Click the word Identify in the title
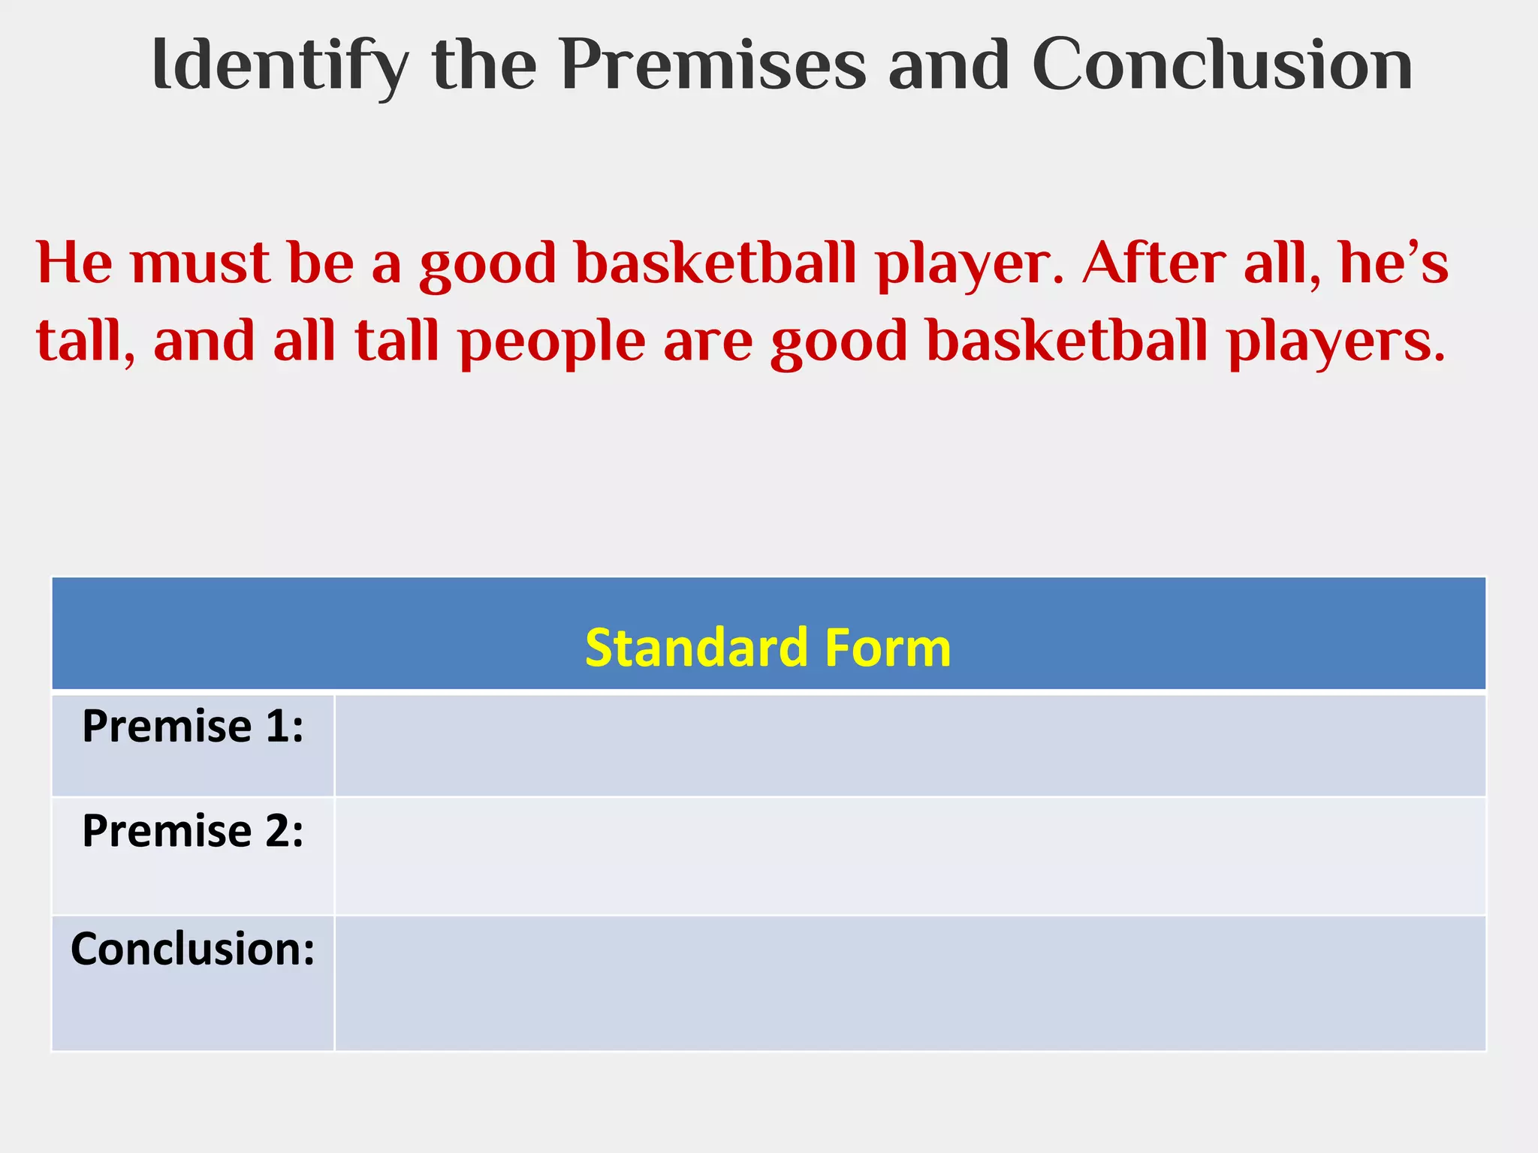279,66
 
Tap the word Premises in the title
713,66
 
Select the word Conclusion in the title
1222,66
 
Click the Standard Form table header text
767,647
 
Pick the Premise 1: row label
193,727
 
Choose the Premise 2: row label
193,832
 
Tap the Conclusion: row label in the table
193,949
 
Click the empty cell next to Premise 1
909,745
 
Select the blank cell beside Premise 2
909,856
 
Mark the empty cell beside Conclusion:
909,983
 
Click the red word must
200,264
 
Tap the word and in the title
948,66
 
